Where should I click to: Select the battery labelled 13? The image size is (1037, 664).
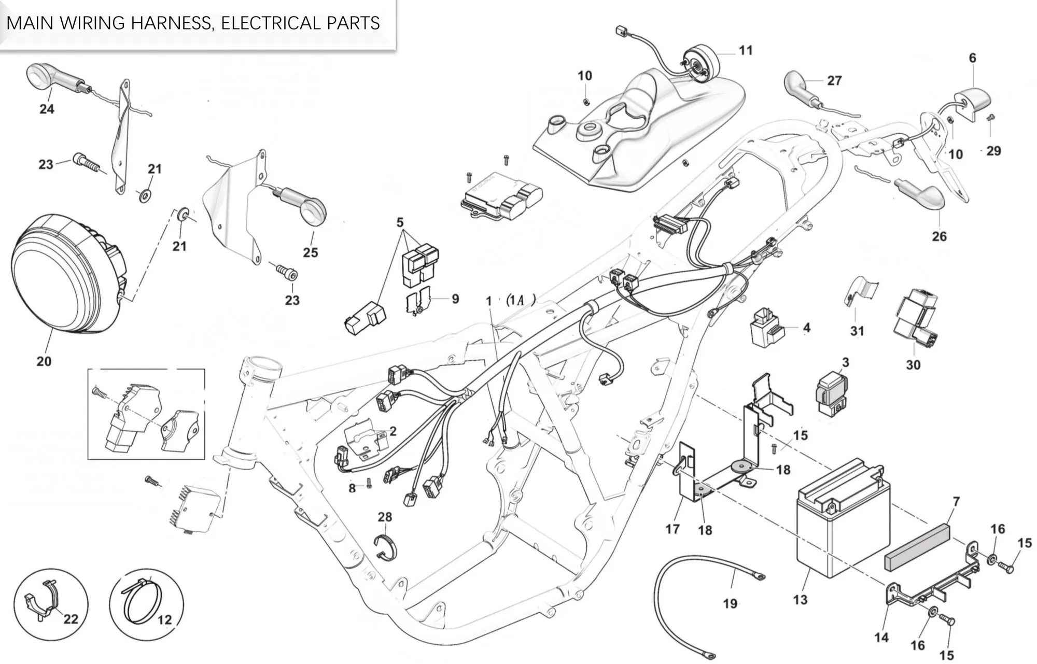click(840, 524)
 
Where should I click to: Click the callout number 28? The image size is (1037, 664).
click(385, 517)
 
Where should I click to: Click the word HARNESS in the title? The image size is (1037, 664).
click(171, 23)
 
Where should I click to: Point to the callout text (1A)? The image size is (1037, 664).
click(520, 300)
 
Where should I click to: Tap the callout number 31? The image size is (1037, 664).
click(857, 331)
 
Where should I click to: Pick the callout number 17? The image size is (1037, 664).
click(672, 529)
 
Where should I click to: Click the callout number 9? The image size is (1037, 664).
click(455, 299)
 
